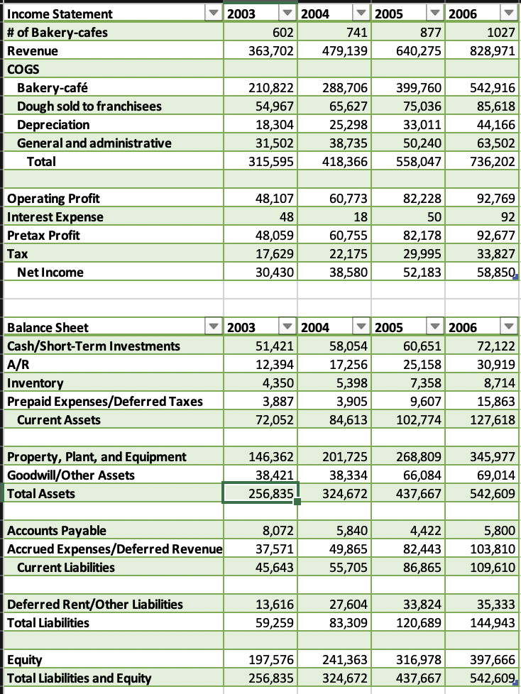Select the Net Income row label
(50, 272)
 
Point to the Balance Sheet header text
(48, 327)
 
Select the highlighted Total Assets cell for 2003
(259, 493)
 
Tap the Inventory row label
(35, 383)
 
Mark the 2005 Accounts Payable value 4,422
(426, 531)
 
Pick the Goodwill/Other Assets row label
(70, 475)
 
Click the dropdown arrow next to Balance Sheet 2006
(508, 327)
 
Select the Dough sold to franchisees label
(89, 106)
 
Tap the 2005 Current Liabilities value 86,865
(421, 568)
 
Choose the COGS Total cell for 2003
(273, 162)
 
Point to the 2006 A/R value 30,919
(494, 365)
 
